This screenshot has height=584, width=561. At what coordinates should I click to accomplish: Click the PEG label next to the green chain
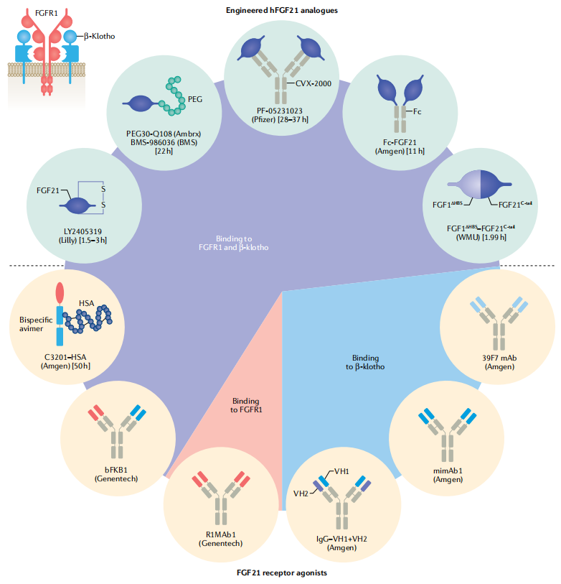coord(195,99)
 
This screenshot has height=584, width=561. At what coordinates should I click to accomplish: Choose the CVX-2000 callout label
coord(313,84)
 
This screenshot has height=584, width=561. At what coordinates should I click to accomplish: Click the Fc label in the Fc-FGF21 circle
coord(418,113)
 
